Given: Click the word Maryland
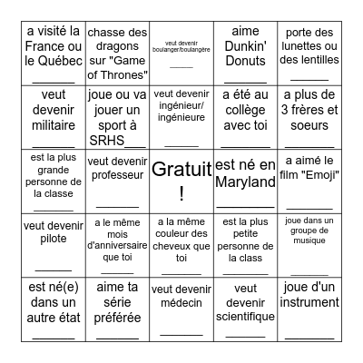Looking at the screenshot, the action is click(x=246, y=182).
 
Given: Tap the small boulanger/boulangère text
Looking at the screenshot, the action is click(x=181, y=47).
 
